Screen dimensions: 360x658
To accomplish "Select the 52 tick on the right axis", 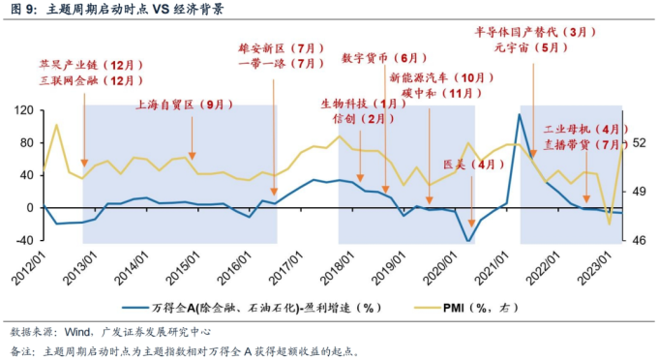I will pyautogui.click(x=639, y=143).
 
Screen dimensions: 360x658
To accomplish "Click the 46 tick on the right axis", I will pyautogui.click(x=639, y=240).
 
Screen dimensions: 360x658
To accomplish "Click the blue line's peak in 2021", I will pyautogui.click(x=520, y=115).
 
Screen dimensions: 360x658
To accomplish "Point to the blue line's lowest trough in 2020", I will pyautogui.click(x=469, y=241).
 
